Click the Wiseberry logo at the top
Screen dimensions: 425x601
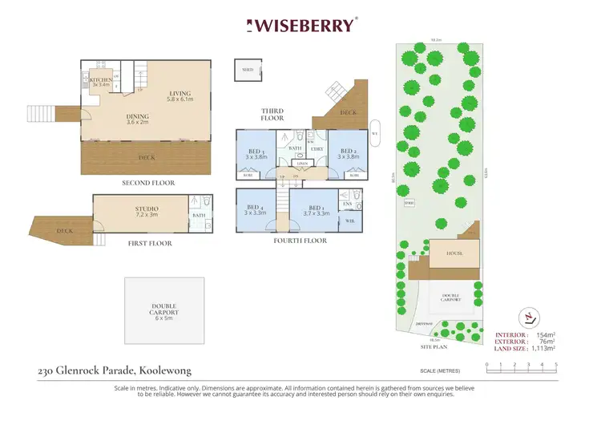point(300,25)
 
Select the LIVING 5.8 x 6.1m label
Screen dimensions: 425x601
point(179,95)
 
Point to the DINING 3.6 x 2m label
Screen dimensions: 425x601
point(137,119)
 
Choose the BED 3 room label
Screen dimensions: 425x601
point(256,153)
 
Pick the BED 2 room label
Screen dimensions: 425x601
point(348,153)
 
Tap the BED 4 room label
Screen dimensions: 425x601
point(255,210)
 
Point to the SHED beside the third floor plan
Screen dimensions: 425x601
point(248,70)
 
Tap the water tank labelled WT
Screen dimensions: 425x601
point(374,134)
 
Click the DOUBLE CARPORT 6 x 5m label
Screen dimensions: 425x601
point(165,311)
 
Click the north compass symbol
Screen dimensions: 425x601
point(526,314)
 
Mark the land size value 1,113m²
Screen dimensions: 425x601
point(541,350)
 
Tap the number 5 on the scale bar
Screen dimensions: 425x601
point(556,365)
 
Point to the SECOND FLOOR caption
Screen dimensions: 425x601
point(147,183)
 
